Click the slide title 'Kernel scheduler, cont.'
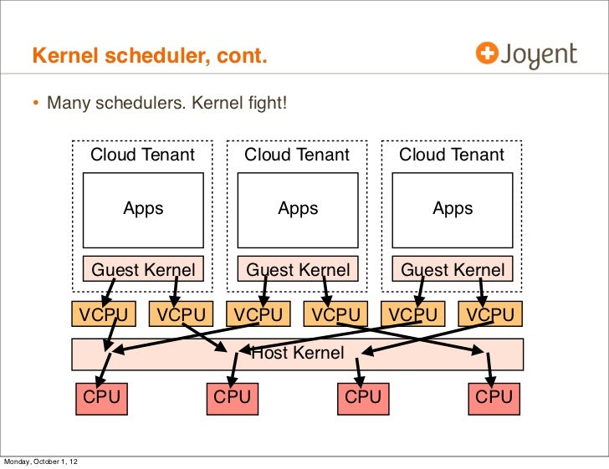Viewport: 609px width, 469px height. click(150, 57)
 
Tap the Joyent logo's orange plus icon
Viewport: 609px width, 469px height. click(486, 54)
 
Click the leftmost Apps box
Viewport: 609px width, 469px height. click(143, 209)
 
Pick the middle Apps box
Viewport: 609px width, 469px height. click(298, 209)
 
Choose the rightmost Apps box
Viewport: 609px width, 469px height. click(453, 209)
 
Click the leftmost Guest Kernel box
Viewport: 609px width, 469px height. click(143, 269)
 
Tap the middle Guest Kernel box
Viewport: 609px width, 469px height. click(298, 269)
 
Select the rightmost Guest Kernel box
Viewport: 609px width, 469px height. click(453, 269)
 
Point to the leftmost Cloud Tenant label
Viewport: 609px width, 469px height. click(142, 155)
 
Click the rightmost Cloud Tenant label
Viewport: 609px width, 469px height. click(452, 155)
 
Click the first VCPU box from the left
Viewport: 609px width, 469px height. click(103, 314)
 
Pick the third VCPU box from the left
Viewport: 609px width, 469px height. click(258, 314)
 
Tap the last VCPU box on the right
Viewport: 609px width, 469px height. click(491, 314)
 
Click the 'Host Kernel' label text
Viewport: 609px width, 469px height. click(298, 353)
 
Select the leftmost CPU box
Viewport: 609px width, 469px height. click(102, 397)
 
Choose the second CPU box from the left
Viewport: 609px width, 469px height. click(233, 397)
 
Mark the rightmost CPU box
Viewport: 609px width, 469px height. click(494, 397)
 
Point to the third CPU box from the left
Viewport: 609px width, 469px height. click(363, 397)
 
